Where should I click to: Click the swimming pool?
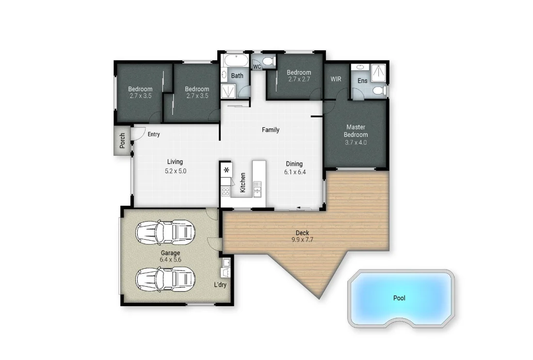401,297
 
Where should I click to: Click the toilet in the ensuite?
379,91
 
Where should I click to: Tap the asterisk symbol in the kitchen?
226,170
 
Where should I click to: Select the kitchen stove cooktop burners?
226,191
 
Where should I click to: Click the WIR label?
336,79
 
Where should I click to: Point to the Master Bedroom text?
355,131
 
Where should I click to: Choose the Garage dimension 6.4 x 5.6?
170,260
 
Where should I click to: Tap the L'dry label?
220,285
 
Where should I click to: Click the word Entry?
154,134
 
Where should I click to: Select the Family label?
271,130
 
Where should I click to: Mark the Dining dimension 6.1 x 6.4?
295,172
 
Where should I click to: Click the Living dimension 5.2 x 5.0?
176,171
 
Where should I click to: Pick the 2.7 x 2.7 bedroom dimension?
299,79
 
